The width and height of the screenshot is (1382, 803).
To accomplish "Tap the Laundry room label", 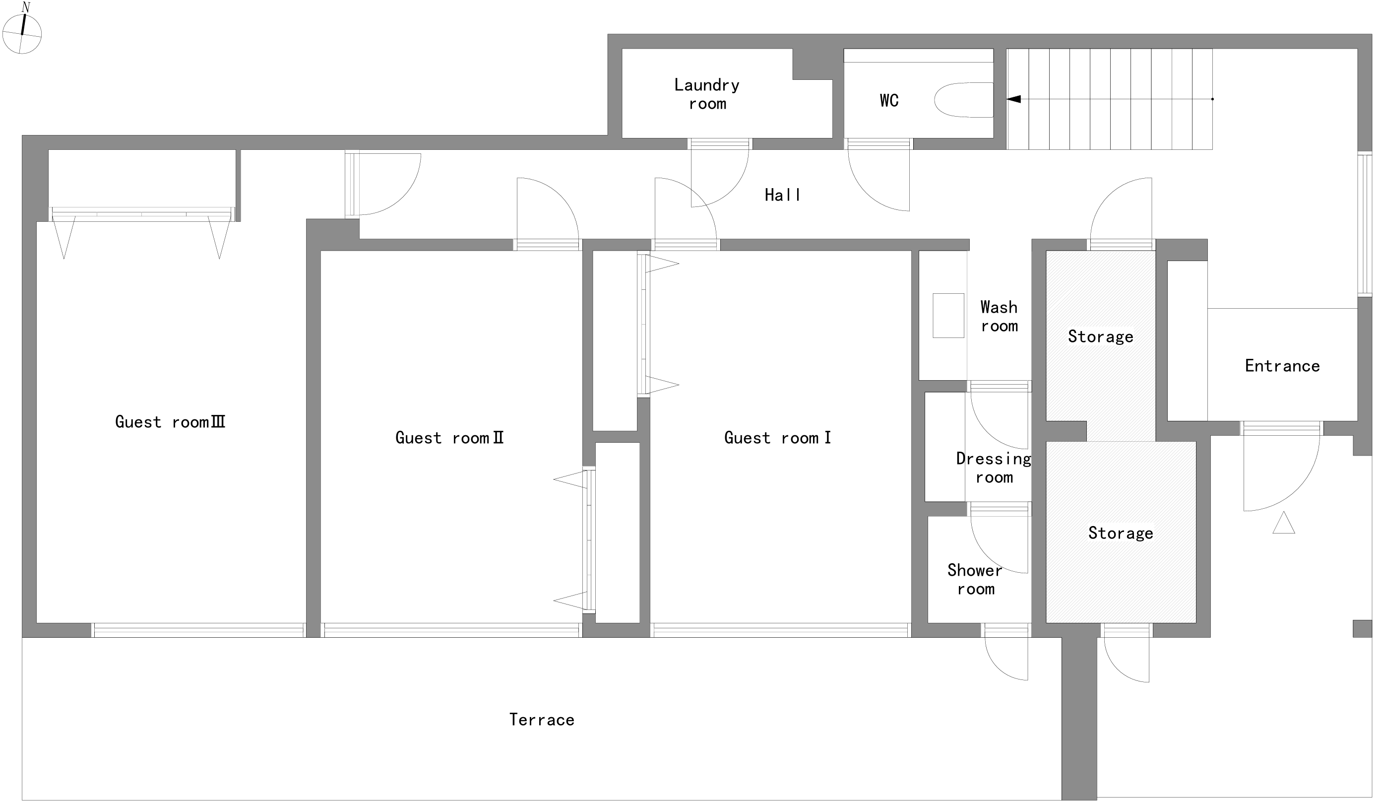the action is pyautogui.click(x=707, y=94).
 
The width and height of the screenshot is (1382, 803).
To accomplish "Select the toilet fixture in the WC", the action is pyautogui.click(x=963, y=100).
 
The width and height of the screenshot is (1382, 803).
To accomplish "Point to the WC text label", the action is pyautogui.click(x=889, y=100).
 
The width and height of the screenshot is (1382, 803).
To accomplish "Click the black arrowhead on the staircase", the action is pyautogui.click(x=1013, y=99).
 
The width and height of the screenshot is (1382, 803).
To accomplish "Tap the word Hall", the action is pyautogui.click(x=782, y=195).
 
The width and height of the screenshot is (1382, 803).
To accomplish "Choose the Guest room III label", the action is pyautogui.click(x=170, y=422).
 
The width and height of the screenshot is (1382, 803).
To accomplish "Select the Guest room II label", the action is pyautogui.click(x=449, y=438).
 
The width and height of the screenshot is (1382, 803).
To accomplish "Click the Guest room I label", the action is pyautogui.click(x=777, y=438).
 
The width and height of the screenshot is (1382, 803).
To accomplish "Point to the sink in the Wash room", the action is pyautogui.click(x=948, y=315).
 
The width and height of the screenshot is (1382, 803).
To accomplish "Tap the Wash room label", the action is pyautogui.click(x=999, y=317).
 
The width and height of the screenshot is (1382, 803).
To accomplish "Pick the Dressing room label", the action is pyautogui.click(x=994, y=468).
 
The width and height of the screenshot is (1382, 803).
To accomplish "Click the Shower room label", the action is pyautogui.click(x=975, y=580).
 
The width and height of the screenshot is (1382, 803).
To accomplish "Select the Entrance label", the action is pyautogui.click(x=1282, y=366).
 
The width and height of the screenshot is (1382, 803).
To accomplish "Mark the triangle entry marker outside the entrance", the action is pyautogui.click(x=1284, y=523).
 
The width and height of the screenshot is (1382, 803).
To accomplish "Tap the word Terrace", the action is pyautogui.click(x=542, y=720).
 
